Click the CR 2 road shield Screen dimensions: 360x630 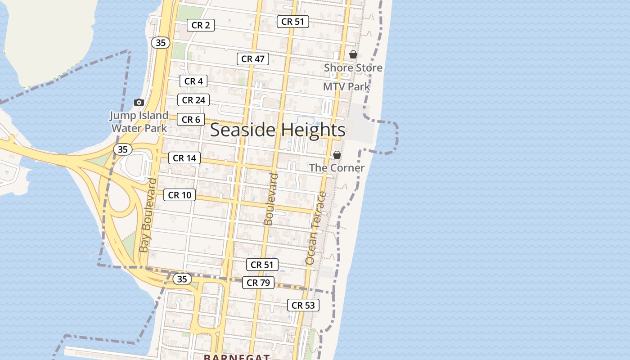point(201,25)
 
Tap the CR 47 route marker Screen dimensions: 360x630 point(253,58)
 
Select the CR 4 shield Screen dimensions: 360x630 point(193,81)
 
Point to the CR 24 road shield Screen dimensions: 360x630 point(193,100)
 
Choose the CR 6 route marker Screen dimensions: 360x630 point(191,120)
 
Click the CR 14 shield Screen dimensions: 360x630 point(184,158)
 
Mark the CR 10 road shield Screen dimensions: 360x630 point(180,195)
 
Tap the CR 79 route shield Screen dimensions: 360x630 point(258,283)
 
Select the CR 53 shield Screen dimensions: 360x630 point(303,305)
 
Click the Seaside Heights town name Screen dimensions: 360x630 point(278,130)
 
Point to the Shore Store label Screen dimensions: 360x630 point(353,68)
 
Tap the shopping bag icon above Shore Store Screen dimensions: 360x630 point(353,54)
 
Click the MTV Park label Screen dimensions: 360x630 point(346,86)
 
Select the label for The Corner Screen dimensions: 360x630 point(337,168)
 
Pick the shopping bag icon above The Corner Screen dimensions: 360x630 point(337,155)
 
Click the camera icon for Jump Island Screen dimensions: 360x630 point(139,103)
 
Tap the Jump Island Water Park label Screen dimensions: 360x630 point(139,121)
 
